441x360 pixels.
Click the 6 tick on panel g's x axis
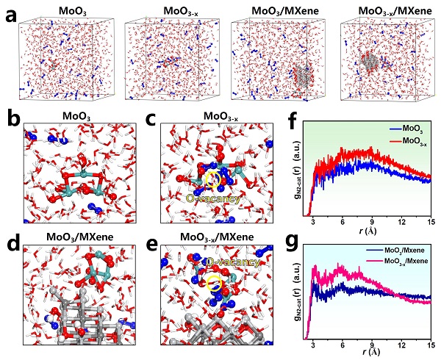[x=342, y=344]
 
